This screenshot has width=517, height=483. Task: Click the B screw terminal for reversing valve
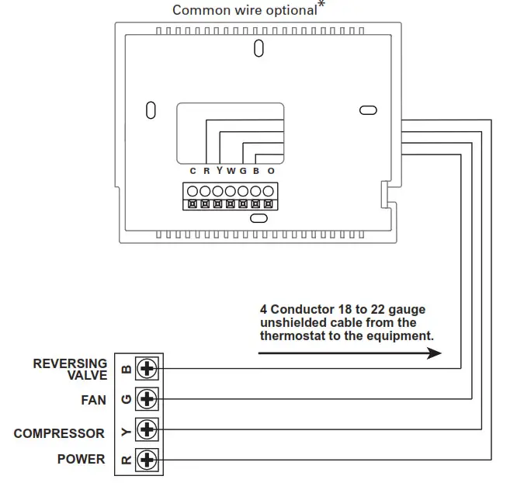coord(147,368)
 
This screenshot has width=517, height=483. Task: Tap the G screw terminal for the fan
coord(147,399)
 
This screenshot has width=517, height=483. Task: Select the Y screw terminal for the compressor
coord(147,429)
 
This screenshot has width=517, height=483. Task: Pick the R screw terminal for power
coord(147,460)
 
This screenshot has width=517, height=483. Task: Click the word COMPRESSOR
coord(59,433)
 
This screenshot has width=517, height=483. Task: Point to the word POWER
coord(81,459)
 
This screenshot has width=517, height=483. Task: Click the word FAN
coord(94,400)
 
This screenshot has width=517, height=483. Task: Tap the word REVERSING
coord(70,363)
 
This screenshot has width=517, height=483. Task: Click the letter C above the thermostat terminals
coord(193,171)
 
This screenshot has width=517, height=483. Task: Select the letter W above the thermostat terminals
coord(231,171)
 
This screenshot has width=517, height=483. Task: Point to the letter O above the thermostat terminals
coord(271,171)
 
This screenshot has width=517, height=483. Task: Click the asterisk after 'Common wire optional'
coord(321,5)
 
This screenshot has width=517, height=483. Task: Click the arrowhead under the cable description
coord(434,353)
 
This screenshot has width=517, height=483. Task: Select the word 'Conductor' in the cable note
coord(303,310)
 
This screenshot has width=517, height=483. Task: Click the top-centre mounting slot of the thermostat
coord(258,48)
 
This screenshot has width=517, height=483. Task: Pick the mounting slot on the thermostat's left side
coord(151,110)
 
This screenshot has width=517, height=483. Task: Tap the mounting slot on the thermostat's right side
coord(368,110)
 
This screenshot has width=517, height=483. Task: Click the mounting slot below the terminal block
coord(258,218)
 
